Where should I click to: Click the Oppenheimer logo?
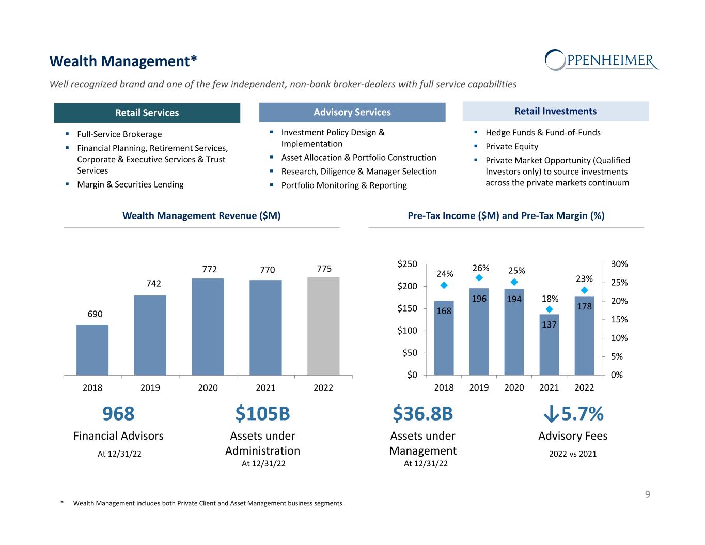(601, 60)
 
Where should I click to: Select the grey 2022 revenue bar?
(323, 326)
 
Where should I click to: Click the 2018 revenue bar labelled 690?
(92, 350)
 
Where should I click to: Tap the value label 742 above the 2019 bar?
(153, 284)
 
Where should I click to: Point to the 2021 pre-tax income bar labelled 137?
(549, 344)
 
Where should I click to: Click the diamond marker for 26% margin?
(479, 278)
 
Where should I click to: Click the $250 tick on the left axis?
(407, 264)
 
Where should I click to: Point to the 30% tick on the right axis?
(619, 264)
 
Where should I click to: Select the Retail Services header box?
(147, 113)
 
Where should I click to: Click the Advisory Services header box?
(352, 112)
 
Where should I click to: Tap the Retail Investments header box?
(555, 111)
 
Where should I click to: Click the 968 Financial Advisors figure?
(118, 414)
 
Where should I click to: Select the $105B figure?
(262, 414)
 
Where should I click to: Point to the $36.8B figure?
(422, 414)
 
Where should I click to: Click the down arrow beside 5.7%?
(551, 414)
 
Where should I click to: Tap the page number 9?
(647, 495)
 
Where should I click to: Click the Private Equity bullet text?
(512, 147)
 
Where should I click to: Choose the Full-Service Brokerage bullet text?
(119, 134)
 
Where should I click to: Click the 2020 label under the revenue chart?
(208, 388)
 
